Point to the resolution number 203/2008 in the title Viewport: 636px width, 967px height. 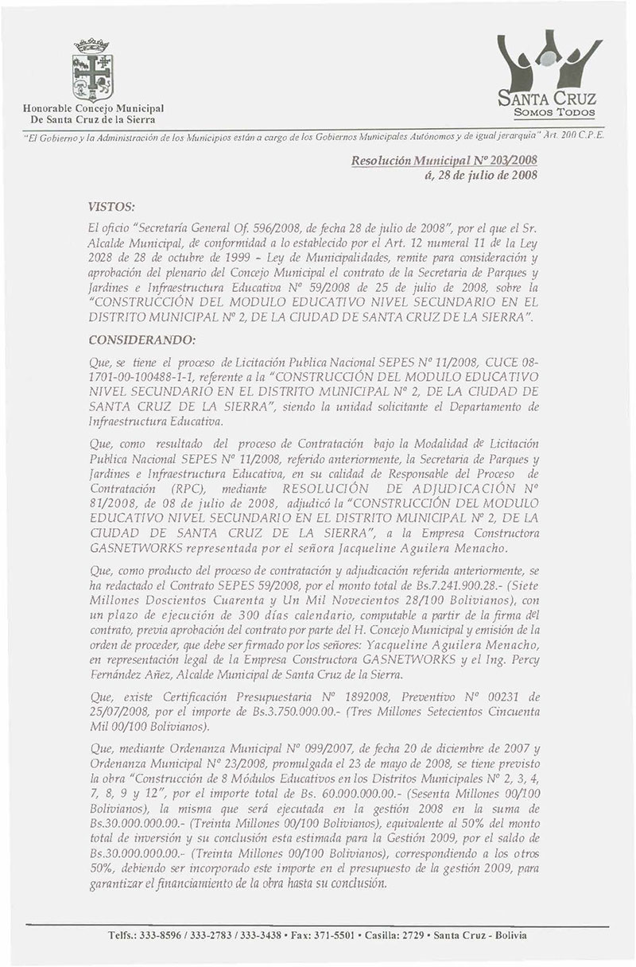click(504, 160)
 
